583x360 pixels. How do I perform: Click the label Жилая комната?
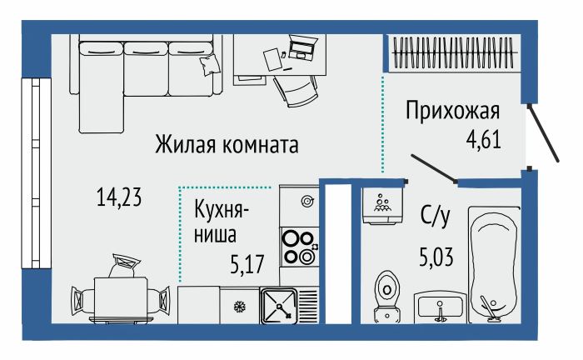tap(227, 145)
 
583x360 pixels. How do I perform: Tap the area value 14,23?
tap(119, 197)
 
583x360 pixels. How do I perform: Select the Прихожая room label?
tap(452, 110)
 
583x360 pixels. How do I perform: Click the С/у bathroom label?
tap(435, 218)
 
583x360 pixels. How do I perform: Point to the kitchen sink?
tap(279, 306)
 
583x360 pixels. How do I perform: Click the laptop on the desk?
tap(300, 47)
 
